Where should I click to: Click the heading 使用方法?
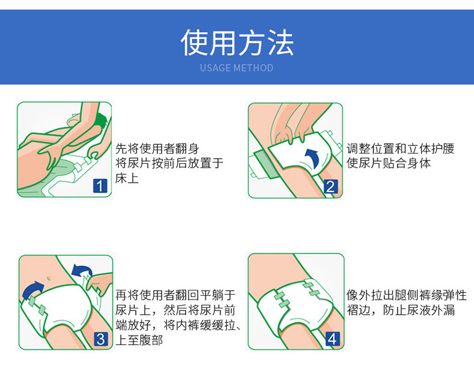point(237,42)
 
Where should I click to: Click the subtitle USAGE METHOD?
point(237,68)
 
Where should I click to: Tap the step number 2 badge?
point(331,186)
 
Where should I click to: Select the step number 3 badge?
point(100,339)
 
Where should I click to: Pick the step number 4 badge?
point(332,339)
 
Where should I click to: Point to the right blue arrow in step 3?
point(81,272)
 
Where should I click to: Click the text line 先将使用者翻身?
point(157,149)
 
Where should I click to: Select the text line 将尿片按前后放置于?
point(169,164)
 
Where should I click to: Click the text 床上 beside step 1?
point(127,178)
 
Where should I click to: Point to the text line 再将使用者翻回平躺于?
point(175,295)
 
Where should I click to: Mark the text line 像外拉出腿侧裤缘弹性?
point(406,295)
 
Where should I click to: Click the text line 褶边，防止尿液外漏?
point(401,310)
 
